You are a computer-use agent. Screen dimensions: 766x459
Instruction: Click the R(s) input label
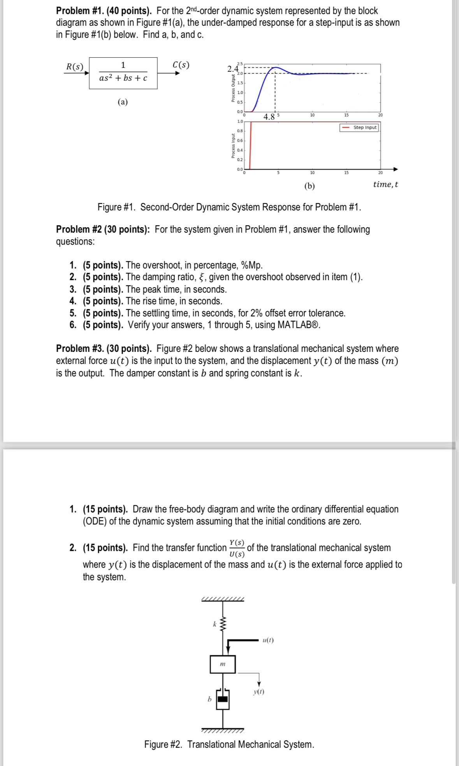pyautogui.click(x=74, y=67)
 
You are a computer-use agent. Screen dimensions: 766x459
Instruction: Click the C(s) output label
pyautogui.click(x=181, y=65)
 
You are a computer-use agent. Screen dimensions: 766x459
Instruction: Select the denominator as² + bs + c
pyautogui.click(x=123, y=78)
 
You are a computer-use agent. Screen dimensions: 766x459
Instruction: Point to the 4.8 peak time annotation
pyautogui.click(x=269, y=116)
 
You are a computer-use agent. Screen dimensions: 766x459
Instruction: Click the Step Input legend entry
pyautogui.click(x=359, y=127)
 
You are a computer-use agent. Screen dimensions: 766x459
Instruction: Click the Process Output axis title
pyautogui.click(x=233, y=88)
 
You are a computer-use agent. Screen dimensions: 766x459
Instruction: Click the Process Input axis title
pyautogui.click(x=233, y=146)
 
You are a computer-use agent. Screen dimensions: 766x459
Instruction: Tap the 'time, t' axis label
pyautogui.click(x=385, y=184)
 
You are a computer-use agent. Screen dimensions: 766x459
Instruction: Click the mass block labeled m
pyautogui.click(x=223, y=664)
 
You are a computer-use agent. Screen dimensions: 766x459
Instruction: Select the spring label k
pyautogui.click(x=214, y=624)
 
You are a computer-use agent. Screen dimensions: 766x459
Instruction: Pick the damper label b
pyautogui.click(x=209, y=699)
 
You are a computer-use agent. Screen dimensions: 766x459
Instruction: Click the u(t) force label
pyautogui.click(x=268, y=640)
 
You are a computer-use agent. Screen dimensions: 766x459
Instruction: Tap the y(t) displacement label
pyautogui.click(x=259, y=692)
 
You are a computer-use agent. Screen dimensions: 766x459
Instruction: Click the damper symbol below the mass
pyautogui.click(x=223, y=699)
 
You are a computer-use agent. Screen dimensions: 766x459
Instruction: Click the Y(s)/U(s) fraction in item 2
pyautogui.click(x=237, y=548)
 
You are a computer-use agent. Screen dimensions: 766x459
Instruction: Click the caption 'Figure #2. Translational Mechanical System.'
pyautogui.click(x=229, y=744)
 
